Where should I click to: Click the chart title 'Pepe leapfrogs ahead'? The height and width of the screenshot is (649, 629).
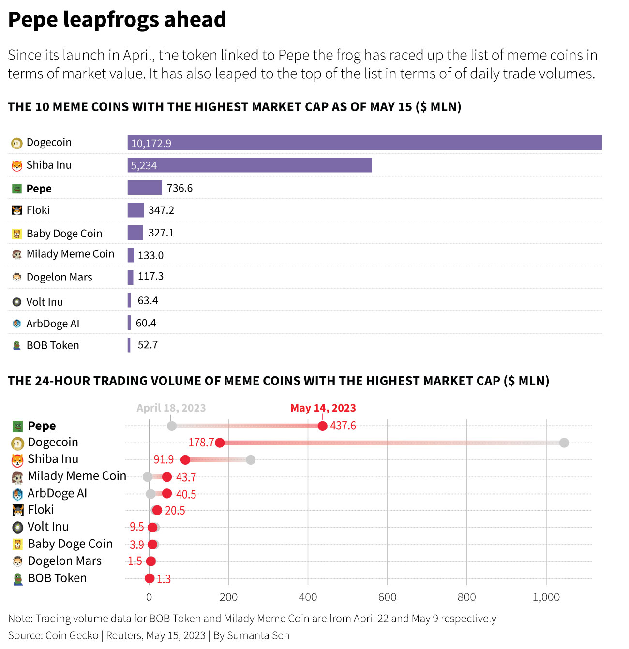(x=117, y=19)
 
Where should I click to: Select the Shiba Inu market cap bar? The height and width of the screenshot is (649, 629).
(x=249, y=165)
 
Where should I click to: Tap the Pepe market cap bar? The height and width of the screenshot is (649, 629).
(x=145, y=188)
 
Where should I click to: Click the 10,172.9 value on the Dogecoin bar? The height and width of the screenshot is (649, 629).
(x=151, y=143)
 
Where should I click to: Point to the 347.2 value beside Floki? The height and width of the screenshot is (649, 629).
(x=161, y=210)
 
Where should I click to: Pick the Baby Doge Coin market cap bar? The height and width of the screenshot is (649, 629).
(x=135, y=233)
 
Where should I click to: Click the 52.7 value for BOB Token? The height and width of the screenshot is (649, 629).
(x=148, y=345)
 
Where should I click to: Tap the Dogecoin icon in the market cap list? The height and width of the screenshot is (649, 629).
(x=17, y=143)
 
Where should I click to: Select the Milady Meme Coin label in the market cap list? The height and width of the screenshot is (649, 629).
(x=70, y=254)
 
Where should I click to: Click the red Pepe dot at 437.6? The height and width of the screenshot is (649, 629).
(x=322, y=426)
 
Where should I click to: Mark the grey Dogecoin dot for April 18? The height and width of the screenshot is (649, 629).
(x=564, y=442)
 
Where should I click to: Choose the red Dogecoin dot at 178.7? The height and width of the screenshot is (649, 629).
(x=220, y=442)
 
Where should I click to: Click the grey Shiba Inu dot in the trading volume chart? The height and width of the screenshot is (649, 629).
(x=250, y=459)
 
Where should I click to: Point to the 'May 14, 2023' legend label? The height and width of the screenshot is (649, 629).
(x=323, y=408)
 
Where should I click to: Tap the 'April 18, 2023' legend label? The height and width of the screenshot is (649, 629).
(x=171, y=408)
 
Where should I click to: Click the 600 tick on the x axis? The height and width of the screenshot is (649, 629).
(x=387, y=597)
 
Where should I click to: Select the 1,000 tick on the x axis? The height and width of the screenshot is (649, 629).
(x=546, y=597)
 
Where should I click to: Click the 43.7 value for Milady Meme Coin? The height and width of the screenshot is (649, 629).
(x=186, y=477)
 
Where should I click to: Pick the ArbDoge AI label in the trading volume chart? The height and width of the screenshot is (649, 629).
(x=57, y=493)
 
